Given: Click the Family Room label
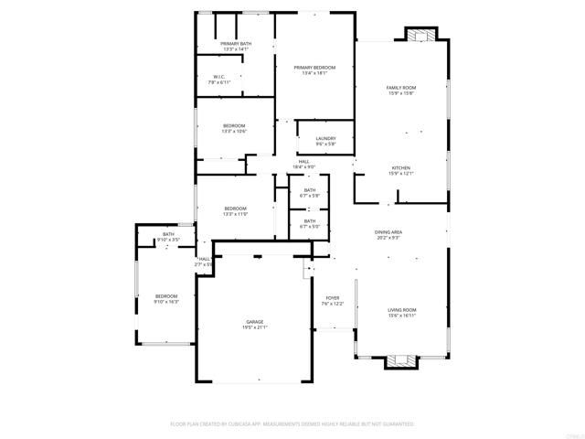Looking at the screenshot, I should (x=400, y=87).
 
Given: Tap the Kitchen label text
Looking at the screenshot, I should (x=401, y=167).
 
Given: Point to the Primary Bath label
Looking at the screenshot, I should (x=236, y=44).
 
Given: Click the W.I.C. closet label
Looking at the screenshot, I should (x=219, y=77).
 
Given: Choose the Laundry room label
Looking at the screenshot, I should (x=326, y=139).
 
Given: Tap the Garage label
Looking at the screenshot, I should (x=254, y=322).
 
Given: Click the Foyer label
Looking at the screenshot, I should (x=333, y=298).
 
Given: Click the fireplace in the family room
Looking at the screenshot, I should (x=421, y=37).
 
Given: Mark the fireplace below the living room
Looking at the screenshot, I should (x=399, y=360).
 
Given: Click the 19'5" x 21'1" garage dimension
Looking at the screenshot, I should (x=254, y=327).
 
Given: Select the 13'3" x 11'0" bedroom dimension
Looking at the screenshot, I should (x=236, y=214).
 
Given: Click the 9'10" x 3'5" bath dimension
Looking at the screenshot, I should (x=169, y=240).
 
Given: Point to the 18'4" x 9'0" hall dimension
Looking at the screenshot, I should (x=303, y=167).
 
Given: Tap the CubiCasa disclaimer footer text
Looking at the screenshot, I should (x=292, y=424).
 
